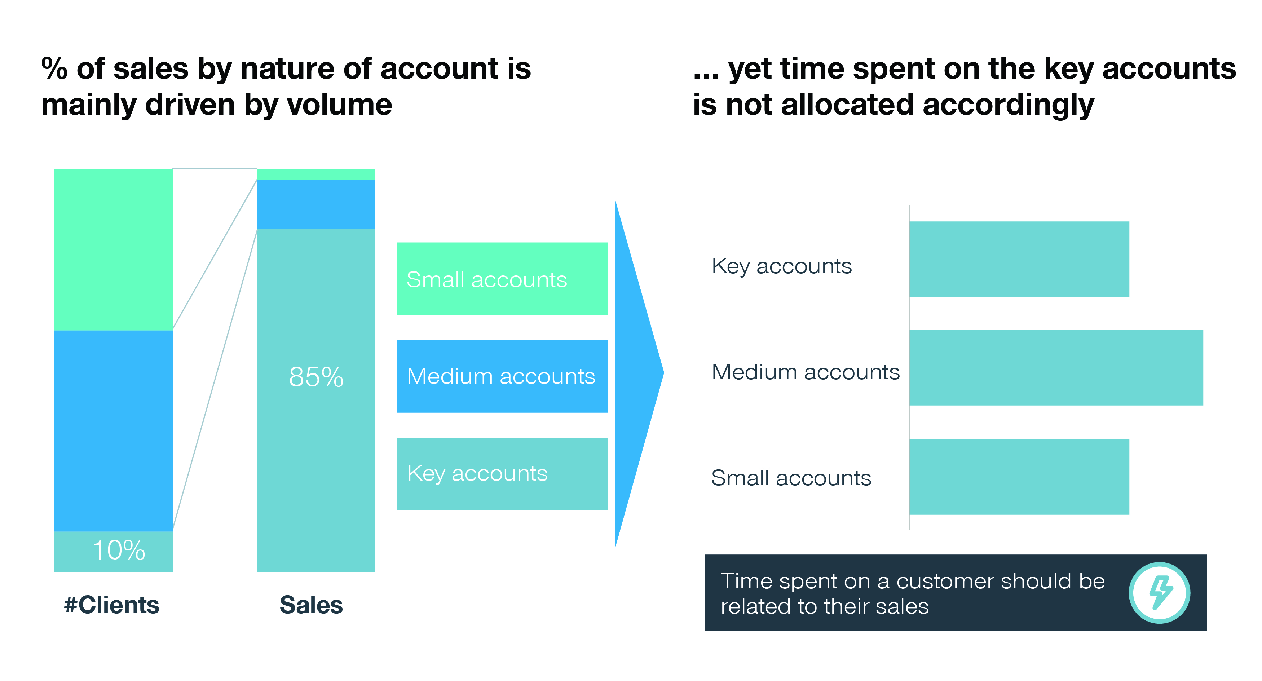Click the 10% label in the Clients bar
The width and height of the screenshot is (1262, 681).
(119, 550)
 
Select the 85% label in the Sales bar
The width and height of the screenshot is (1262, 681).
(316, 377)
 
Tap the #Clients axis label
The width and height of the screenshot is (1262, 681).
(112, 605)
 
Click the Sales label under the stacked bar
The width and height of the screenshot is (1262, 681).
(311, 605)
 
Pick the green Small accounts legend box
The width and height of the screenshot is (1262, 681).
(502, 279)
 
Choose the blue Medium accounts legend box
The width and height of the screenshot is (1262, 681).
(502, 376)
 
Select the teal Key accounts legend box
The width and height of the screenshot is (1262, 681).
(502, 474)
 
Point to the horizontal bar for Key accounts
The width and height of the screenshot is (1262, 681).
(1019, 259)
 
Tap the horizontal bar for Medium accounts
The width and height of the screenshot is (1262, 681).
(1056, 367)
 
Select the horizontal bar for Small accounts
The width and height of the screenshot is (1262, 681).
(1019, 477)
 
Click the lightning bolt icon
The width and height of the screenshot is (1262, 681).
(1160, 592)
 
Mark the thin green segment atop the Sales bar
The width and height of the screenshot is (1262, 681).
(316, 174)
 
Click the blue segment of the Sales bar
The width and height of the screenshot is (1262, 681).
(316, 204)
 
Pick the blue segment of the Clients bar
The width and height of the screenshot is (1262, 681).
(113, 431)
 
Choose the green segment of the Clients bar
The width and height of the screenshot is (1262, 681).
(113, 249)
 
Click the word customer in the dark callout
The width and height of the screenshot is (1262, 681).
(946, 581)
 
